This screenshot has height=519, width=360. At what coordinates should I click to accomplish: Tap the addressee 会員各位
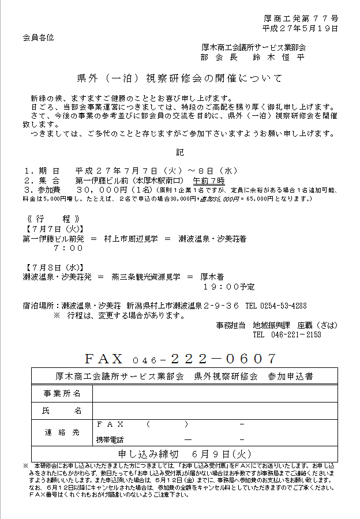(x=38, y=37)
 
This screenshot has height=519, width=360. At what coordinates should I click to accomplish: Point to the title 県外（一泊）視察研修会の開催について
(x=179, y=78)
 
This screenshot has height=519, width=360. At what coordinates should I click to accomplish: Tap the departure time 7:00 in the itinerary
(x=68, y=248)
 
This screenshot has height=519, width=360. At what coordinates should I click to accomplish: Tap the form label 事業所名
(x=62, y=393)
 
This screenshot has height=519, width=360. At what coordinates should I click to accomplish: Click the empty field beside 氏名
(x=213, y=411)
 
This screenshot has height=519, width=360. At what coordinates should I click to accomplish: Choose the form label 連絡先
(x=62, y=432)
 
